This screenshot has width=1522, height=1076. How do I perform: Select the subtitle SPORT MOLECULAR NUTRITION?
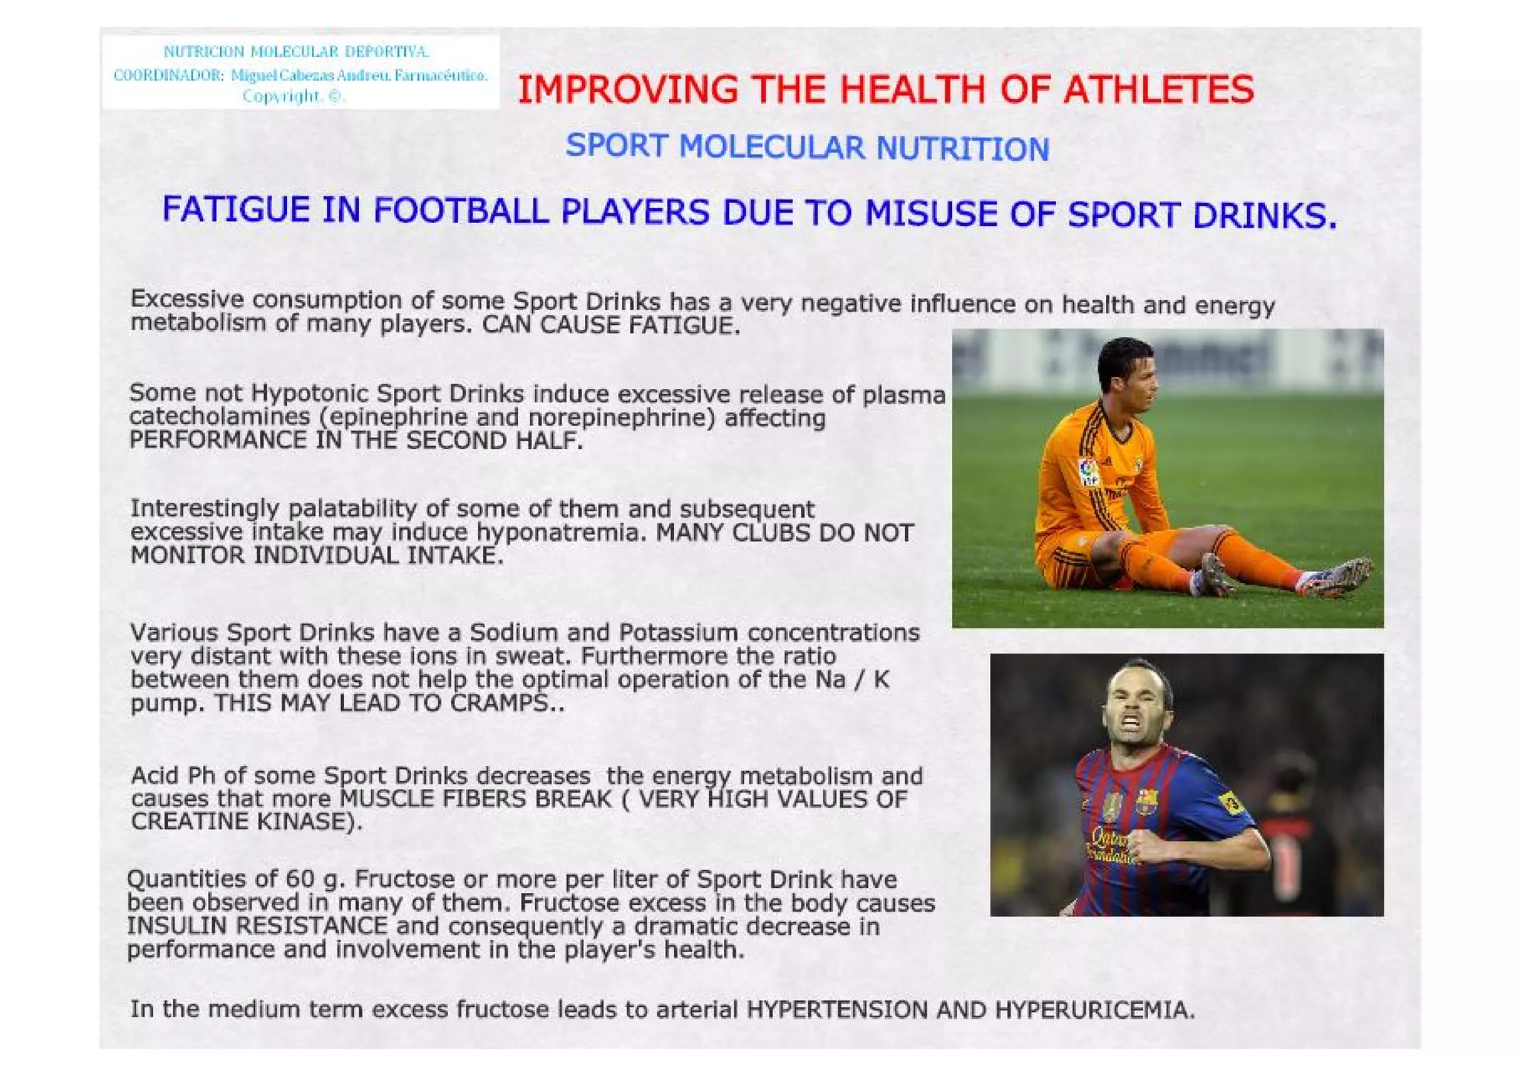[807, 147]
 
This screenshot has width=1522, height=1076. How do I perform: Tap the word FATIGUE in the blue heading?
[236, 210]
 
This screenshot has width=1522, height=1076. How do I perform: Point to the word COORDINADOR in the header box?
[168, 75]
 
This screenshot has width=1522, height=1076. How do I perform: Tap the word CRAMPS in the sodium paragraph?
[499, 703]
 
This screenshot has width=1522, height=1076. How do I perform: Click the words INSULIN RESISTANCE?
[256, 926]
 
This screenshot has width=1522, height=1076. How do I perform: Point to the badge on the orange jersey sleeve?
[1088, 471]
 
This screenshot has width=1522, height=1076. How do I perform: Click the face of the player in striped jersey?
[1136, 706]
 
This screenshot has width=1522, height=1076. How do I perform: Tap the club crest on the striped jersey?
[1147, 802]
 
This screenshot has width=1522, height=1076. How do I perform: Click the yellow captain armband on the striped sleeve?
[1229, 802]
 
